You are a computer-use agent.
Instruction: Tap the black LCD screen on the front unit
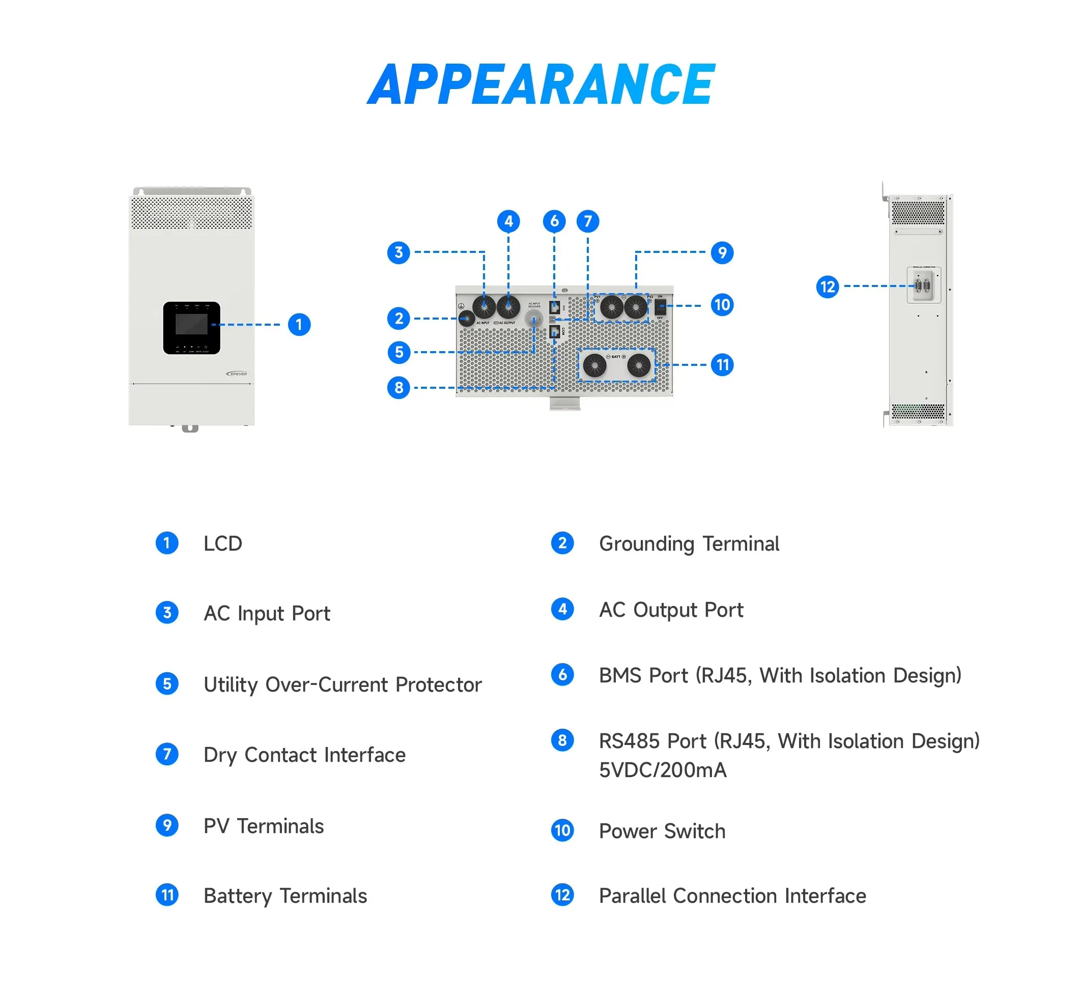(191, 325)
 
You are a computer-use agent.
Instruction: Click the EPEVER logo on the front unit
(237, 374)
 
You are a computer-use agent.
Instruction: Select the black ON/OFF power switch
(660, 307)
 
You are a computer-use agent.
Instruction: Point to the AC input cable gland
(483, 307)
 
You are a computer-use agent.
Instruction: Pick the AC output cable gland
(508, 307)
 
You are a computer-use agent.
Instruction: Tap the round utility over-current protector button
(534, 318)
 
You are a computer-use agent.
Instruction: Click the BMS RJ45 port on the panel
(554, 307)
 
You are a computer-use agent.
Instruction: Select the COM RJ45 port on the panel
(554, 331)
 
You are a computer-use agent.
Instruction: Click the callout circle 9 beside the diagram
(722, 252)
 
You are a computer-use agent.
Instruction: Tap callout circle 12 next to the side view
(827, 286)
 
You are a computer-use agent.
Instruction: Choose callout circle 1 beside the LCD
(299, 325)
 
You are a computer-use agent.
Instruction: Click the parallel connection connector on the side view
(923, 285)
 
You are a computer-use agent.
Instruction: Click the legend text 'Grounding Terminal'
(689, 543)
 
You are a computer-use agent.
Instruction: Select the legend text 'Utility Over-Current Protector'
(342, 684)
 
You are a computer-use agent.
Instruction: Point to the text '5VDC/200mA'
(662, 770)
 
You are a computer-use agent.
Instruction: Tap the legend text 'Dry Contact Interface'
(304, 755)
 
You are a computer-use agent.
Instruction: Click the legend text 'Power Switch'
(662, 831)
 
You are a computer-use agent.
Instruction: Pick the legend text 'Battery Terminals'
(284, 896)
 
